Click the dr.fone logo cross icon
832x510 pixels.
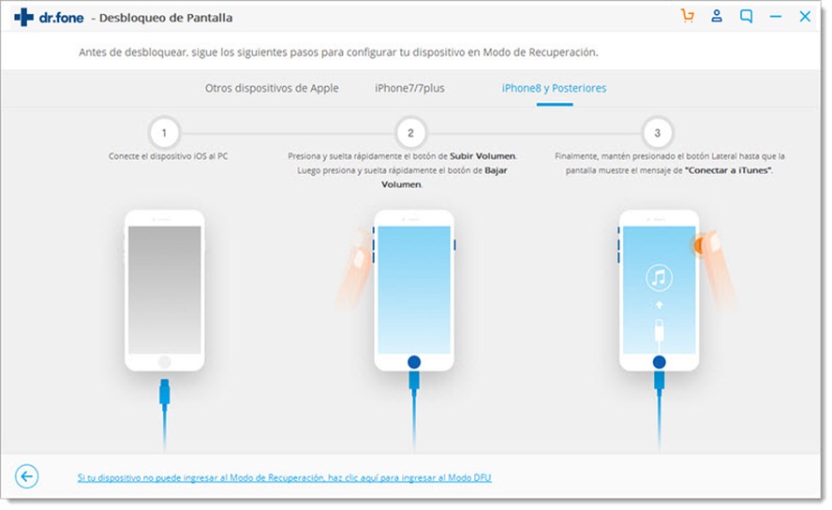[x=24, y=17]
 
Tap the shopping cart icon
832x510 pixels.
[x=688, y=16]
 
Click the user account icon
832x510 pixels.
[x=717, y=16]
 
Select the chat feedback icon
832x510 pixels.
[x=746, y=16]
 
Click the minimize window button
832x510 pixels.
[x=775, y=17]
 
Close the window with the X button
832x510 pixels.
[x=805, y=16]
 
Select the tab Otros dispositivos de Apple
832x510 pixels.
[x=272, y=88]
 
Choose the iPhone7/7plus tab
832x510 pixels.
[x=409, y=88]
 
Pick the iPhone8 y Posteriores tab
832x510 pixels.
[x=554, y=88]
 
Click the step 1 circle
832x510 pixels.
[x=164, y=133]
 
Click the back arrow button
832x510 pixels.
[x=27, y=477]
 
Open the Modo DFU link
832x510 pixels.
[x=284, y=478]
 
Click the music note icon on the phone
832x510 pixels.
[x=659, y=277]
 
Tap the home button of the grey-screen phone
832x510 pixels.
[x=165, y=361]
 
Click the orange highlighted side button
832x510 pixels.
[x=698, y=245]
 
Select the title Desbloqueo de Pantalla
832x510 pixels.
[x=168, y=18]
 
